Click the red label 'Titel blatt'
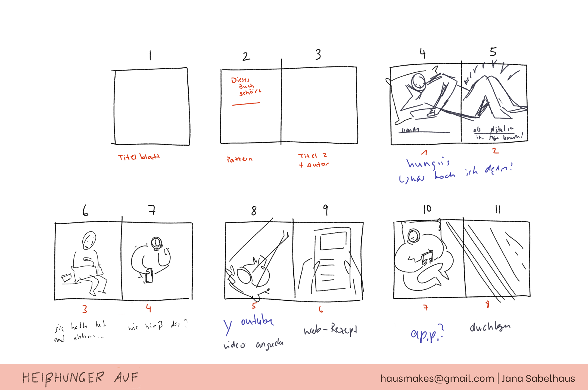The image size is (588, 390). coord(138,157)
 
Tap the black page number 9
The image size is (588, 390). coord(325,210)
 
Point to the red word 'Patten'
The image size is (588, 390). coord(239,159)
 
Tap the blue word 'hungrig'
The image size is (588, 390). coord(428,163)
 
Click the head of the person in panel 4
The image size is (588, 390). coord(418,81)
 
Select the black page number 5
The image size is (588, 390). coord(493,52)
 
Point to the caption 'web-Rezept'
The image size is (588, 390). coord(330,330)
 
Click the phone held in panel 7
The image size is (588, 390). coord(149,275)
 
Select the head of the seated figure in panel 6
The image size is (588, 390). coord(89,240)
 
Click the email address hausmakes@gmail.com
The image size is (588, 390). coord(437,379)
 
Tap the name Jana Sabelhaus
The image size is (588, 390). coord(538,379)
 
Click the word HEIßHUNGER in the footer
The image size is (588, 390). coord(63,378)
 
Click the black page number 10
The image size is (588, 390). coord(427,209)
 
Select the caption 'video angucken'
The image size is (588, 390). coord(253,345)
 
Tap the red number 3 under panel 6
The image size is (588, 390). coord(85,309)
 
